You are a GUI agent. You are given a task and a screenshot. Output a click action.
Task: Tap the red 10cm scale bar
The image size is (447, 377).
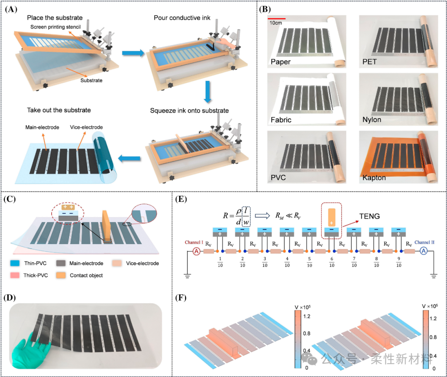(x=276, y=19)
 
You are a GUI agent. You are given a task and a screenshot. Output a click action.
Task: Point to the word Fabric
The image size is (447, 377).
(x=280, y=120)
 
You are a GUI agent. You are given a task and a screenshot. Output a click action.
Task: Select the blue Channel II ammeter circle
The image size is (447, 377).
(x=423, y=251)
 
